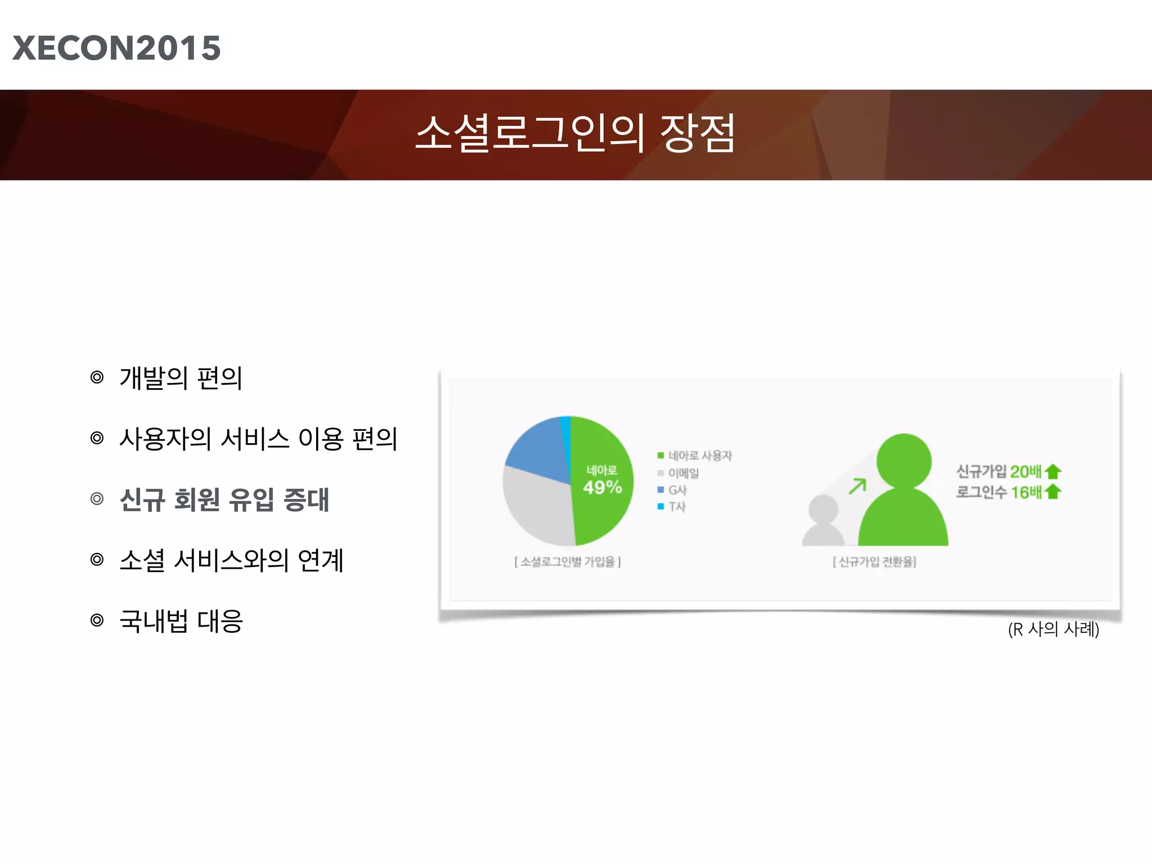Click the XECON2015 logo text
pos(116,48)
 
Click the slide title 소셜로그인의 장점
pos(575,133)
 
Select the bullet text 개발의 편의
pos(181,378)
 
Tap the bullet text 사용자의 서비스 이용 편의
pos(258,439)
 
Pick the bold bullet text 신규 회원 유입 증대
pos(224,499)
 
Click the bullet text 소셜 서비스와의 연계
pos(231,560)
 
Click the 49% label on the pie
pos(602,487)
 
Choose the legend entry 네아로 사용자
pos(700,456)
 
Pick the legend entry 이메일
pos(683,473)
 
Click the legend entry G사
pos(677,490)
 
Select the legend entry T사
pos(677,507)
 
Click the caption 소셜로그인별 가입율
pos(568,562)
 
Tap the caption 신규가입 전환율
pos(875,562)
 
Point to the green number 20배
pos(1025,471)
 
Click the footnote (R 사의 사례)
pos(1053,629)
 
